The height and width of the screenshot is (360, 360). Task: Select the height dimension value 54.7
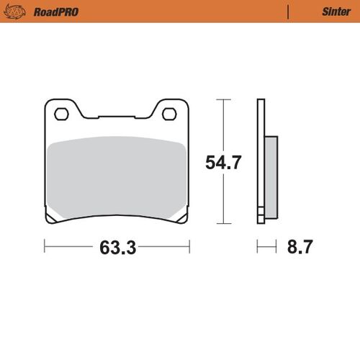click(222, 163)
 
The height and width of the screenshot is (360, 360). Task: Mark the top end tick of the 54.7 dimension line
click(222, 99)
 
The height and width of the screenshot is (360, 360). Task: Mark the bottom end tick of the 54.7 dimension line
click(222, 224)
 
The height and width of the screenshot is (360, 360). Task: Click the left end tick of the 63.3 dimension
click(45, 249)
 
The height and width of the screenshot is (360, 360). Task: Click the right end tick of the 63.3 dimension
click(189, 249)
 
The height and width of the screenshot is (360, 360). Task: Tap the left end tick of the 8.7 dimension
click(258, 249)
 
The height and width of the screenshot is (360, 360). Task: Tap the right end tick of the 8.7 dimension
click(276, 249)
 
